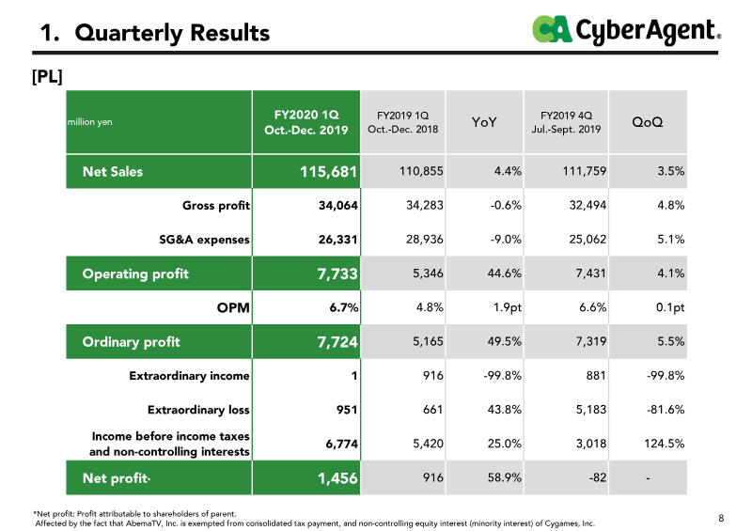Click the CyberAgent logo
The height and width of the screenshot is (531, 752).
tap(626, 30)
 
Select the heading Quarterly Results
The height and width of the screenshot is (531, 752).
tap(172, 33)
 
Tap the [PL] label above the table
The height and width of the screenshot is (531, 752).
tap(47, 76)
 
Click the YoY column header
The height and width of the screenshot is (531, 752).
tap(484, 122)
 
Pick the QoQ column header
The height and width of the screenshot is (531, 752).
tap(648, 122)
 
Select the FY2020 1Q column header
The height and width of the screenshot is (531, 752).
tap(306, 122)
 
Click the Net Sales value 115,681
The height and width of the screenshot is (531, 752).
tap(328, 172)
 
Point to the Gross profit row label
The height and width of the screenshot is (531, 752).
tap(216, 206)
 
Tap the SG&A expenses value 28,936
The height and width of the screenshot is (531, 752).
tap(425, 239)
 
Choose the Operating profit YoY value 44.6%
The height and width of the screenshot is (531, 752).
tap(505, 273)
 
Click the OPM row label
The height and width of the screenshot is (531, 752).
tap(233, 307)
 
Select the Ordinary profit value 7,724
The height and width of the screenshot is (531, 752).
tap(337, 342)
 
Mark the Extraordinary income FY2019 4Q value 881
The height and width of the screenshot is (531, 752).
tap(596, 376)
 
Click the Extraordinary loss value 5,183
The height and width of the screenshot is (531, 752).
tap(591, 410)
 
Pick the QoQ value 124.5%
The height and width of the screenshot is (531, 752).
tap(665, 444)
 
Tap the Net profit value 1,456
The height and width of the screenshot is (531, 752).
tap(337, 478)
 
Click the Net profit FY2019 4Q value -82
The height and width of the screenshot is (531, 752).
tap(598, 477)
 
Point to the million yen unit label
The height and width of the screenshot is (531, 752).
tap(89, 122)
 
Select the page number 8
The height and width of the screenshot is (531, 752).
tap(721, 518)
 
